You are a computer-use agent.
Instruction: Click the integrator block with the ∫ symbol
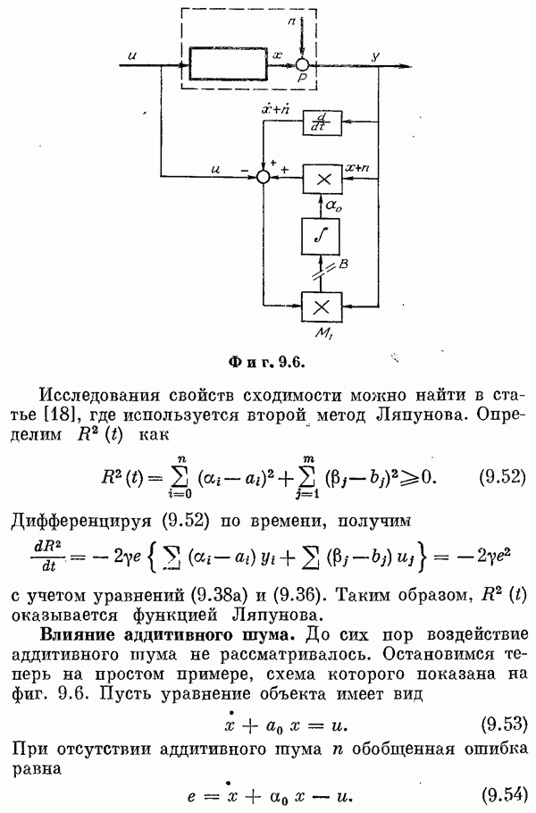322,236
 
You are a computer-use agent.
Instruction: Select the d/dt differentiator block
322,123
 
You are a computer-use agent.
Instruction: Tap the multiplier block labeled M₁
322,307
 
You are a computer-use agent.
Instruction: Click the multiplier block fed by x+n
322,179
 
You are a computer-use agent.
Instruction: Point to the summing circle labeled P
302,65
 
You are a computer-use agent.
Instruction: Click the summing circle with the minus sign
264,177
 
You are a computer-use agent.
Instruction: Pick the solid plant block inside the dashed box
229,63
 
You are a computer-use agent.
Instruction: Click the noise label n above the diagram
291,21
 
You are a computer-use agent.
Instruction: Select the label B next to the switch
343,264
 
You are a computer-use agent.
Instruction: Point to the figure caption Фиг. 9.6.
266,363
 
